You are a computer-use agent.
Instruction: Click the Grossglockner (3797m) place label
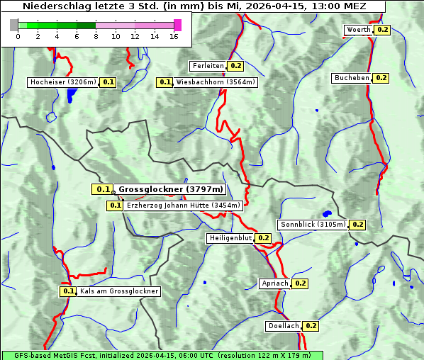point(170,189)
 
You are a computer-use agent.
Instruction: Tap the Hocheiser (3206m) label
point(63,82)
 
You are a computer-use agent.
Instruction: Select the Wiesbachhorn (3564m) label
point(216,82)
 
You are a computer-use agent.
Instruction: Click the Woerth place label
point(359,30)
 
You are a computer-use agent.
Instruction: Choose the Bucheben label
point(352,77)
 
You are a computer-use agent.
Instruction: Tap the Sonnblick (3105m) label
point(313,225)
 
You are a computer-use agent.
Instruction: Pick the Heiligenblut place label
point(230,238)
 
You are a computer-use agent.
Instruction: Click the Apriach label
point(275,283)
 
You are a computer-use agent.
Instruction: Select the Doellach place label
point(284,326)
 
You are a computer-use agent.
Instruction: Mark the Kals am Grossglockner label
point(119,291)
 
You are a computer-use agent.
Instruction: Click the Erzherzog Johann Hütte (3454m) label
point(184,206)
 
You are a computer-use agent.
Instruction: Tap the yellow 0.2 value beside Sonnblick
point(358,225)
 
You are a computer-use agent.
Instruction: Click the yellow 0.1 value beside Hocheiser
point(108,82)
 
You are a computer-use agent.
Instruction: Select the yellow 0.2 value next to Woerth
point(383,30)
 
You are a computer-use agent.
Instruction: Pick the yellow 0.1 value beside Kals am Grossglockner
point(68,291)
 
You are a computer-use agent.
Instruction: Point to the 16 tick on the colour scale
point(174,36)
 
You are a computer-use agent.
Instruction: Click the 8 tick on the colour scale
point(96,36)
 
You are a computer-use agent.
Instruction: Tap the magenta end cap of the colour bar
point(177,25)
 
